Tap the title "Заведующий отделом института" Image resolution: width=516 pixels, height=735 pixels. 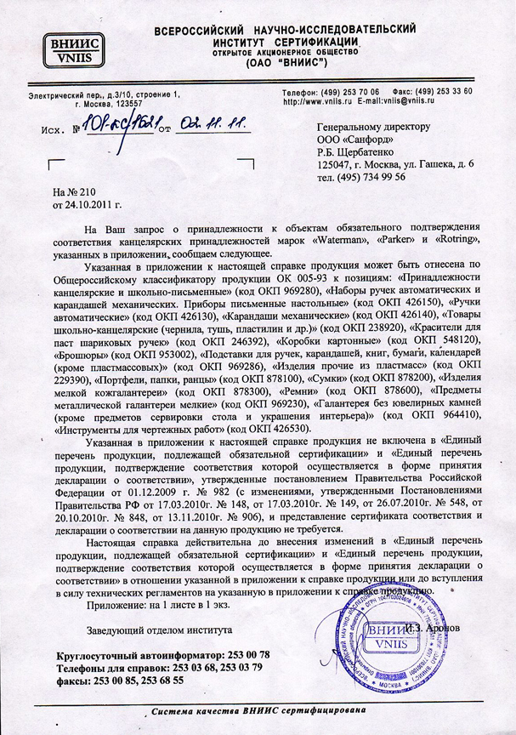pyautogui.click(x=159, y=631)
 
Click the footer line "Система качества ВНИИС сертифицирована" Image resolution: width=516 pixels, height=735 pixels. pyautogui.click(x=258, y=709)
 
